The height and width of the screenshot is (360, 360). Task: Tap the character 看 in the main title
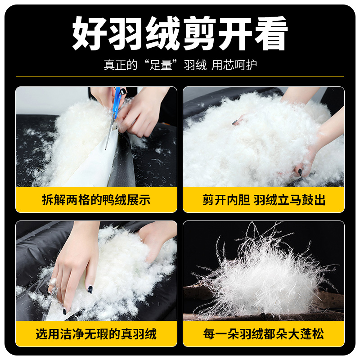click(270, 34)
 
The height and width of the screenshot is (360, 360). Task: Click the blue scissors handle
click(117, 100)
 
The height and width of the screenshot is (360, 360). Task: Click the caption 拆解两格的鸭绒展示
click(96, 200)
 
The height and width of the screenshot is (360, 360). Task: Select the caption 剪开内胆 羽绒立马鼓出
click(264, 200)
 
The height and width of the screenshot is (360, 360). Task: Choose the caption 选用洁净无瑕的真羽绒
click(96, 333)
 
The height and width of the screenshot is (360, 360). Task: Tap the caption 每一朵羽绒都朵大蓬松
click(264, 333)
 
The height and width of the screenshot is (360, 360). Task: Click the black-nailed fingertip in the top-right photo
click(299, 171)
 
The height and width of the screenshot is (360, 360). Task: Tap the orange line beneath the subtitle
click(180, 77)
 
